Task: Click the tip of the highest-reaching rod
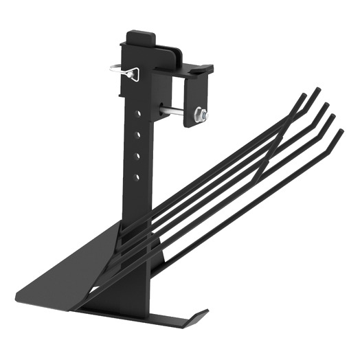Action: pos(317,89)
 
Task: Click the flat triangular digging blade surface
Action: pos(82,268)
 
